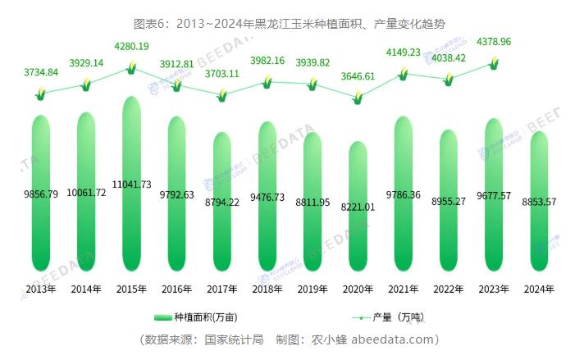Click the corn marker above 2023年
[494, 62]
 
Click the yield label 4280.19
[131, 46]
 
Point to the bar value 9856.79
[40, 194]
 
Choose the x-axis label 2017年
[221, 289]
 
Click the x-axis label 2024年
[538, 289]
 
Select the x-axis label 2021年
[402, 289]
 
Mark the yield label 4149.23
[402, 52]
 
